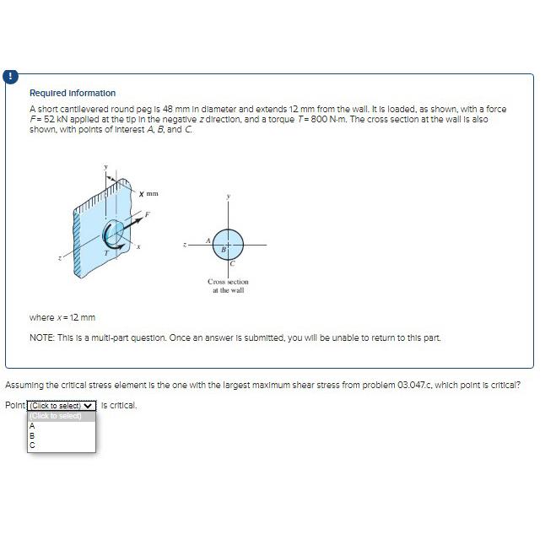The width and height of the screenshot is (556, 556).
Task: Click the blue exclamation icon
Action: pos(10,76)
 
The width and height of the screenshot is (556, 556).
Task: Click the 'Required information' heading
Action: pos(73,93)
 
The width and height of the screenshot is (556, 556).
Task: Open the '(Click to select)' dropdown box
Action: pos(62,405)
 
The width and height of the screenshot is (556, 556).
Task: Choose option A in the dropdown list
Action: pos(32,425)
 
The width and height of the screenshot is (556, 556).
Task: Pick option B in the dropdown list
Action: pos(32,435)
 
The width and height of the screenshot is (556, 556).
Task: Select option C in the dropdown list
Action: pos(32,445)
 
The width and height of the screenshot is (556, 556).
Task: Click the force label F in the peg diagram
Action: pos(147,215)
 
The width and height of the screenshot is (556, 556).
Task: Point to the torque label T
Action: pos(105,252)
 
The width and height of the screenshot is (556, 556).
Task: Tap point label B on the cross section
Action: pos(222,249)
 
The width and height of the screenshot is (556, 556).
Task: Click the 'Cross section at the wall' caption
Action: pos(228,285)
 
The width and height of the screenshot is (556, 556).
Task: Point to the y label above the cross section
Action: pos(228,196)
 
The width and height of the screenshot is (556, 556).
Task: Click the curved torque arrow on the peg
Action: pos(110,235)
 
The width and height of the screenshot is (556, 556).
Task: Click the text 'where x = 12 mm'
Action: pos(62,317)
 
